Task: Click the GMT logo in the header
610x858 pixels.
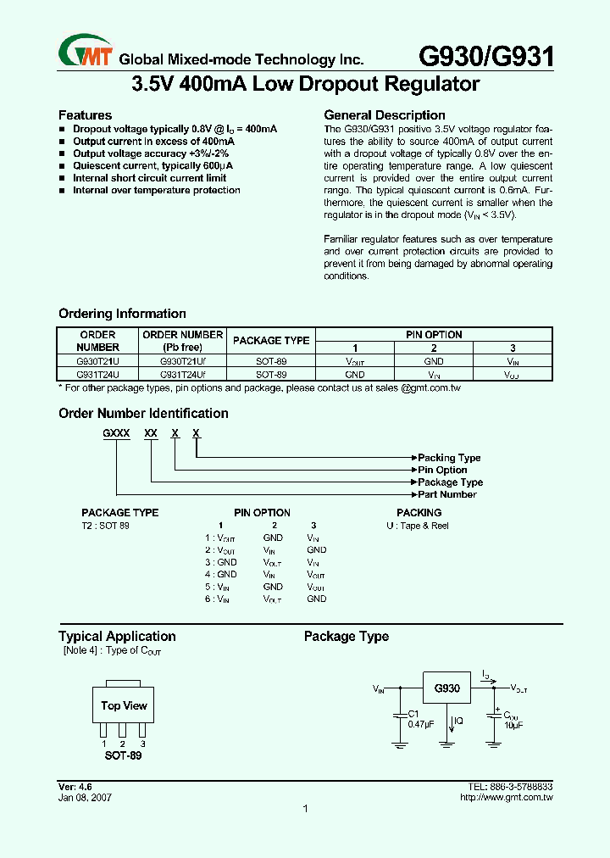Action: [85, 53]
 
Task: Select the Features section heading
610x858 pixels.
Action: [85, 115]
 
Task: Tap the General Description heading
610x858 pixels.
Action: [385, 115]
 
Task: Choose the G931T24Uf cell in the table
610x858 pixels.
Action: [182, 374]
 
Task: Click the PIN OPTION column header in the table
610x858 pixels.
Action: [433, 335]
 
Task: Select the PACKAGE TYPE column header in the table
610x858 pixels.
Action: [271, 341]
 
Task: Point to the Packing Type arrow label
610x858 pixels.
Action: [449, 458]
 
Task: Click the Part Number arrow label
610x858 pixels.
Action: [447, 494]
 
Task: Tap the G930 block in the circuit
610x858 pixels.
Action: [446, 688]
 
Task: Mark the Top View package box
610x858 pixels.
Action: [124, 705]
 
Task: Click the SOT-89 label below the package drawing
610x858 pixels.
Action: [123, 755]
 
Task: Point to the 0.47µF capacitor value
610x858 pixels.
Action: [421, 726]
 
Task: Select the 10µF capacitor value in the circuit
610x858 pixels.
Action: [513, 726]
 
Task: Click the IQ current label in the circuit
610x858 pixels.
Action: [457, 721]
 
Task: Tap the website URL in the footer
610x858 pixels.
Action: [506, 798]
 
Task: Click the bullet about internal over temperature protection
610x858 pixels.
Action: [157, 190]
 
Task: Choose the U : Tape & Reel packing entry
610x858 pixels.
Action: [418, 526]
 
